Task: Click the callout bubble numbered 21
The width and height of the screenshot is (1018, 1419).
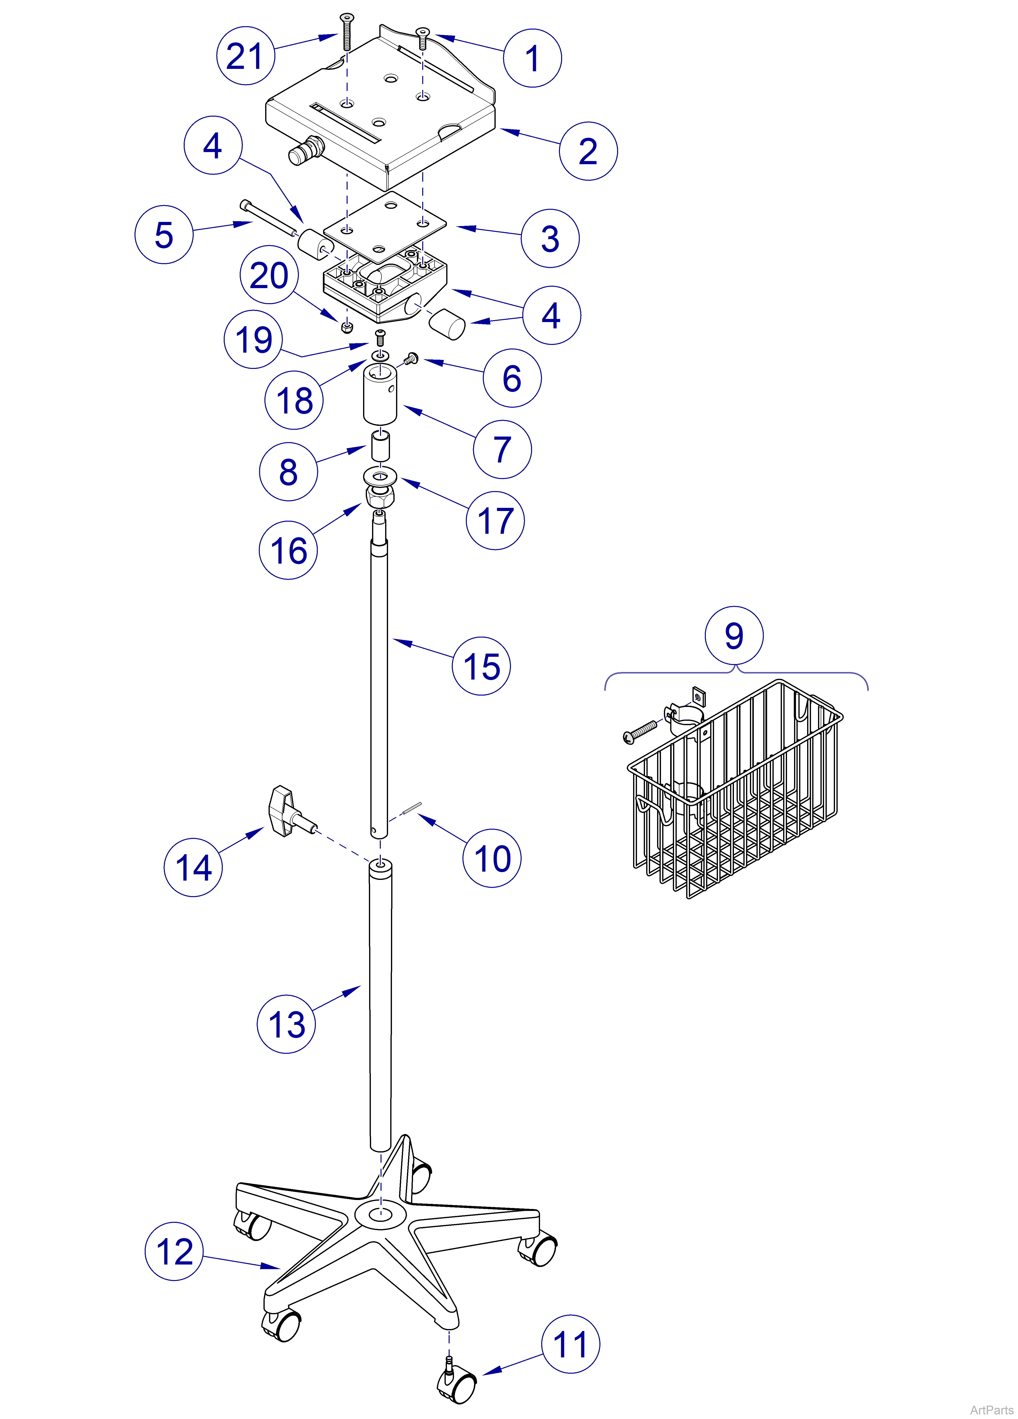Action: click(x=246, y=56)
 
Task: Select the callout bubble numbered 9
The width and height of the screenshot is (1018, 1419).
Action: click(x=734, y=635)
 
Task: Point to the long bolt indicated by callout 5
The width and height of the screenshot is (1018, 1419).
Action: click(x=269, y=219)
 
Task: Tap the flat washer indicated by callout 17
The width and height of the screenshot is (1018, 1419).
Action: click(x=380, y=474)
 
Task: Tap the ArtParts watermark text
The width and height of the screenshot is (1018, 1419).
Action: click(x=992, y=1410)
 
